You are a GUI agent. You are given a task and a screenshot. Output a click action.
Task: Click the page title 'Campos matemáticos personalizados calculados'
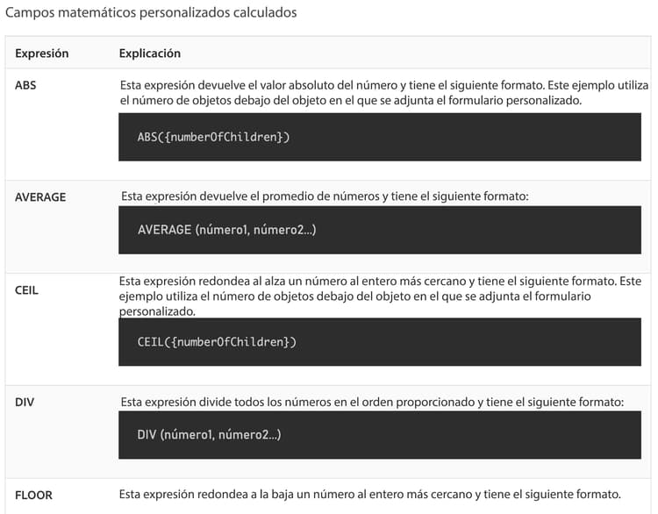click(x=151, y=13)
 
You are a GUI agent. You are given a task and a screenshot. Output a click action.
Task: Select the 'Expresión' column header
click(x=41, y=54)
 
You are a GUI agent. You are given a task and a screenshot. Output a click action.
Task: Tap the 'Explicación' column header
click(x=150, y=54)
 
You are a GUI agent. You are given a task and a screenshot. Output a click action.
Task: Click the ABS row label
click(x=25, y=86)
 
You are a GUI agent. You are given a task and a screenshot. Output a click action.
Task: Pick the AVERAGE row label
click(x=40, y=197)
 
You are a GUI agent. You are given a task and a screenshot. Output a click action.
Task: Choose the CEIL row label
click(x=27, y=289)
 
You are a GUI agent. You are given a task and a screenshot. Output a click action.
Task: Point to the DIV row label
click(x=25, y=403)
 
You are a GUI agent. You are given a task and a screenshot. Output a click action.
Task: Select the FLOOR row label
click(x=33, y=495)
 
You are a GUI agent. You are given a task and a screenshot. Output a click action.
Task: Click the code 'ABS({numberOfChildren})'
click(x=213, y=137)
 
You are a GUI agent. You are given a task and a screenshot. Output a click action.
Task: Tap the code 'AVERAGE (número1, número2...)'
click(x=227, y=230)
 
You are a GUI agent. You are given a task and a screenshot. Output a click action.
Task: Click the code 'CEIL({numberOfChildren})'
click(x=217, y=341)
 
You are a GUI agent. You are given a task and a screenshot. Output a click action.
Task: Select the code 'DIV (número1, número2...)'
click(x=210, y=434)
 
